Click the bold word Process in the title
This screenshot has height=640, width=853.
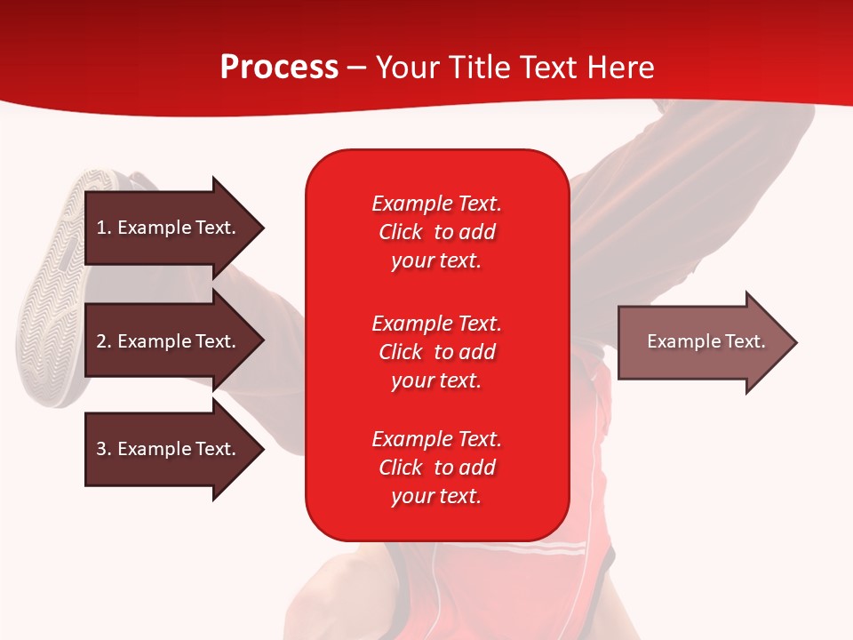tap(279, 68)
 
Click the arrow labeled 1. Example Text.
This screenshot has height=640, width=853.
tap(169, 228)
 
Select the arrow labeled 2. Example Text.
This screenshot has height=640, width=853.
tap(169, 341)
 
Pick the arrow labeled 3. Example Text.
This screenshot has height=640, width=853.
tap(169, 449)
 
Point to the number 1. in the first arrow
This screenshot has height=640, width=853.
tap(104, 228)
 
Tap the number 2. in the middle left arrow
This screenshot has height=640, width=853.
tap(104, 341)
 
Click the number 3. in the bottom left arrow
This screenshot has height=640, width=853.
tap(104, 449)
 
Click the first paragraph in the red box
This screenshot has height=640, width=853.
tap(436, 232)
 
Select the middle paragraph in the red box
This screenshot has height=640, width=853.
tap(436, 351)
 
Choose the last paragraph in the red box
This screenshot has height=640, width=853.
tap(436, 468)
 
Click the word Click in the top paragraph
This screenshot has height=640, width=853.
tap(400, 232)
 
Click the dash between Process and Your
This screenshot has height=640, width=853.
tap(356, 68)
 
